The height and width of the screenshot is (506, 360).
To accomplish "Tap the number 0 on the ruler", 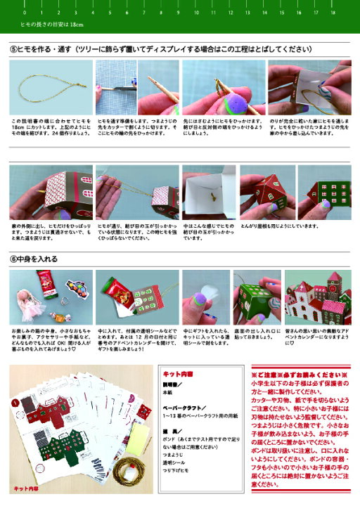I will point(25,13).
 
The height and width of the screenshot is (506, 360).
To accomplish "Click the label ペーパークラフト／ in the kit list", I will point(185,407).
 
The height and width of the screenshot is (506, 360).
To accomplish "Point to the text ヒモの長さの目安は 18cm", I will point(52,25).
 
